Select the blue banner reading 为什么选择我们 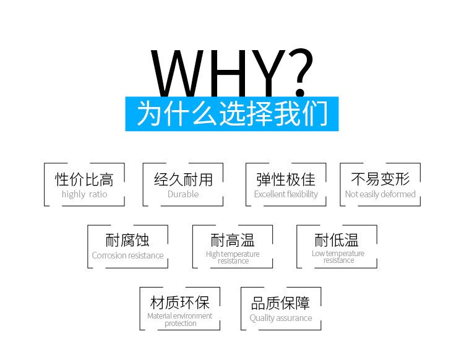click(x=232, y=114)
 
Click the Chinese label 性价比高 click(x=84, y=179)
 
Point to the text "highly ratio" click(x=84, y=194)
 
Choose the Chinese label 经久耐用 click(x=183, y=179)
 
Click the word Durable click(x=183, y=194)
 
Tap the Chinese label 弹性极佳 click(x=286, y=179)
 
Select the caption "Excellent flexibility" click(x=286, y=194)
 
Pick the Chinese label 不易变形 click(x=380, y=179)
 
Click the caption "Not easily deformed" click(x=380, y=194)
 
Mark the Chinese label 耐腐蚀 click(x=127, y=240)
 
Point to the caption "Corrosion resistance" click(x=127, y=255)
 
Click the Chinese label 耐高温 click(x=233, y=240)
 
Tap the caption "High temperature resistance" click(x=233, y=257)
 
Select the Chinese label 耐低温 click(x=337, y=240)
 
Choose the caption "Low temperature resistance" click(x=338, y=257)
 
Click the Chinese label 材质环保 click(x=180, y=302)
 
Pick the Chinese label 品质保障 click(x=281, y=303)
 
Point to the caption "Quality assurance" click(x=281, y=319)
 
